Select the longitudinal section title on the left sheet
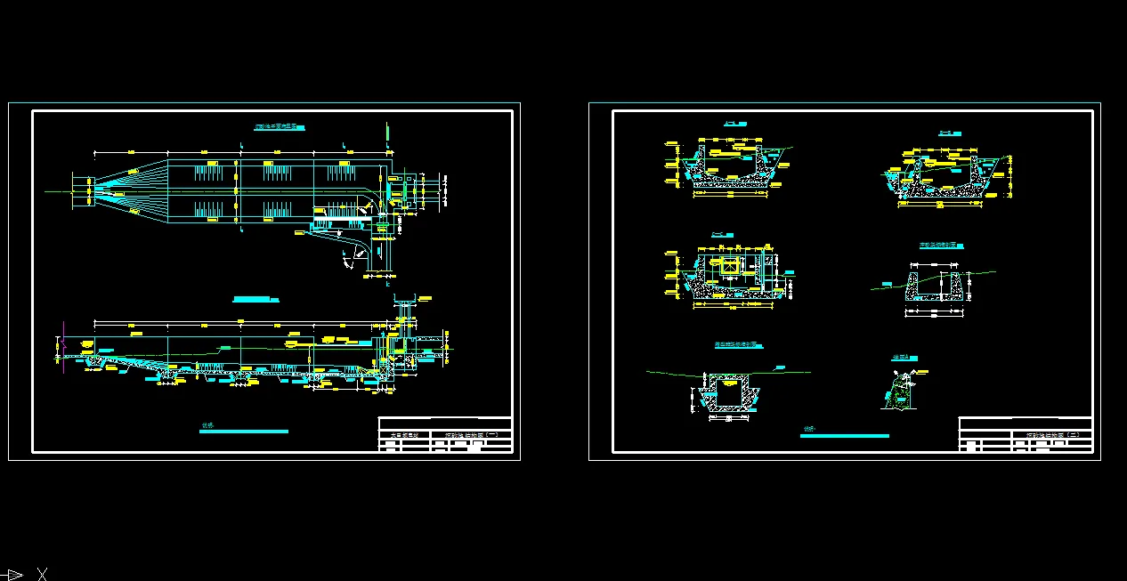tap(251, 299)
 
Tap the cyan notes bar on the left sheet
tap(245, 432)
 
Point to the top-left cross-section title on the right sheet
tap(734, 123)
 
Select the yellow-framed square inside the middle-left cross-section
tap(730, 266)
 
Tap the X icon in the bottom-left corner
tap(41, 574)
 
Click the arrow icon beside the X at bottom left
tap(14, 574)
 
